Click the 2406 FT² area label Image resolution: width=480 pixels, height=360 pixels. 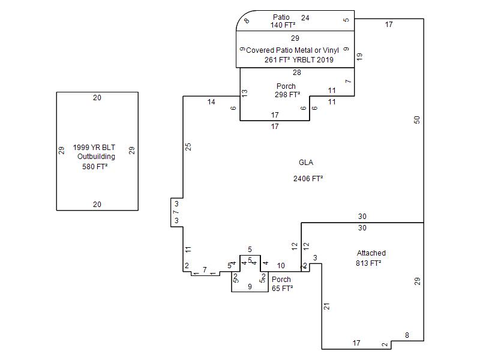coord(308,179)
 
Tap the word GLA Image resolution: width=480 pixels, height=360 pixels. coord(306,163)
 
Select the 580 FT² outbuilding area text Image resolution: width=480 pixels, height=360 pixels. coord(95,167)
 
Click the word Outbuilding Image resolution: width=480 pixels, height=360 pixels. coord(96,157)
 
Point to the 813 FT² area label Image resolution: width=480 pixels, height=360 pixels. coord(368,263)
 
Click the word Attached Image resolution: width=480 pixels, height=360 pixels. coord(371,253)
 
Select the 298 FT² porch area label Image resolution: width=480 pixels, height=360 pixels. coord(287,95)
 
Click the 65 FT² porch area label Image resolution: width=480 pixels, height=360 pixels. coord(282,289)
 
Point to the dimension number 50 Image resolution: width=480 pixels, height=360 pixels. coord(417,119)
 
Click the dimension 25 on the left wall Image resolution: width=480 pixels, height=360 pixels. coord(188,146)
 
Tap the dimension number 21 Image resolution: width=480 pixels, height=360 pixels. coord(327,306)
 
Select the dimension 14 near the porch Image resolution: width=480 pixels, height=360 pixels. coord(211,102)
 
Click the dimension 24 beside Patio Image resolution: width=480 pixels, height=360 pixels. coord(305,18)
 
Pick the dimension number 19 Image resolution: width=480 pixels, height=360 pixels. coord(360,56)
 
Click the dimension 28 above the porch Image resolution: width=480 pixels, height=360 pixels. coord(297,73)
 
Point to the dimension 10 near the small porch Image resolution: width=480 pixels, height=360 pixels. coord(281,265)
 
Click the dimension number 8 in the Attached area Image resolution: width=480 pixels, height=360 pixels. coord(407,335)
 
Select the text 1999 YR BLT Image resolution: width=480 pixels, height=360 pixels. coord(94,147)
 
